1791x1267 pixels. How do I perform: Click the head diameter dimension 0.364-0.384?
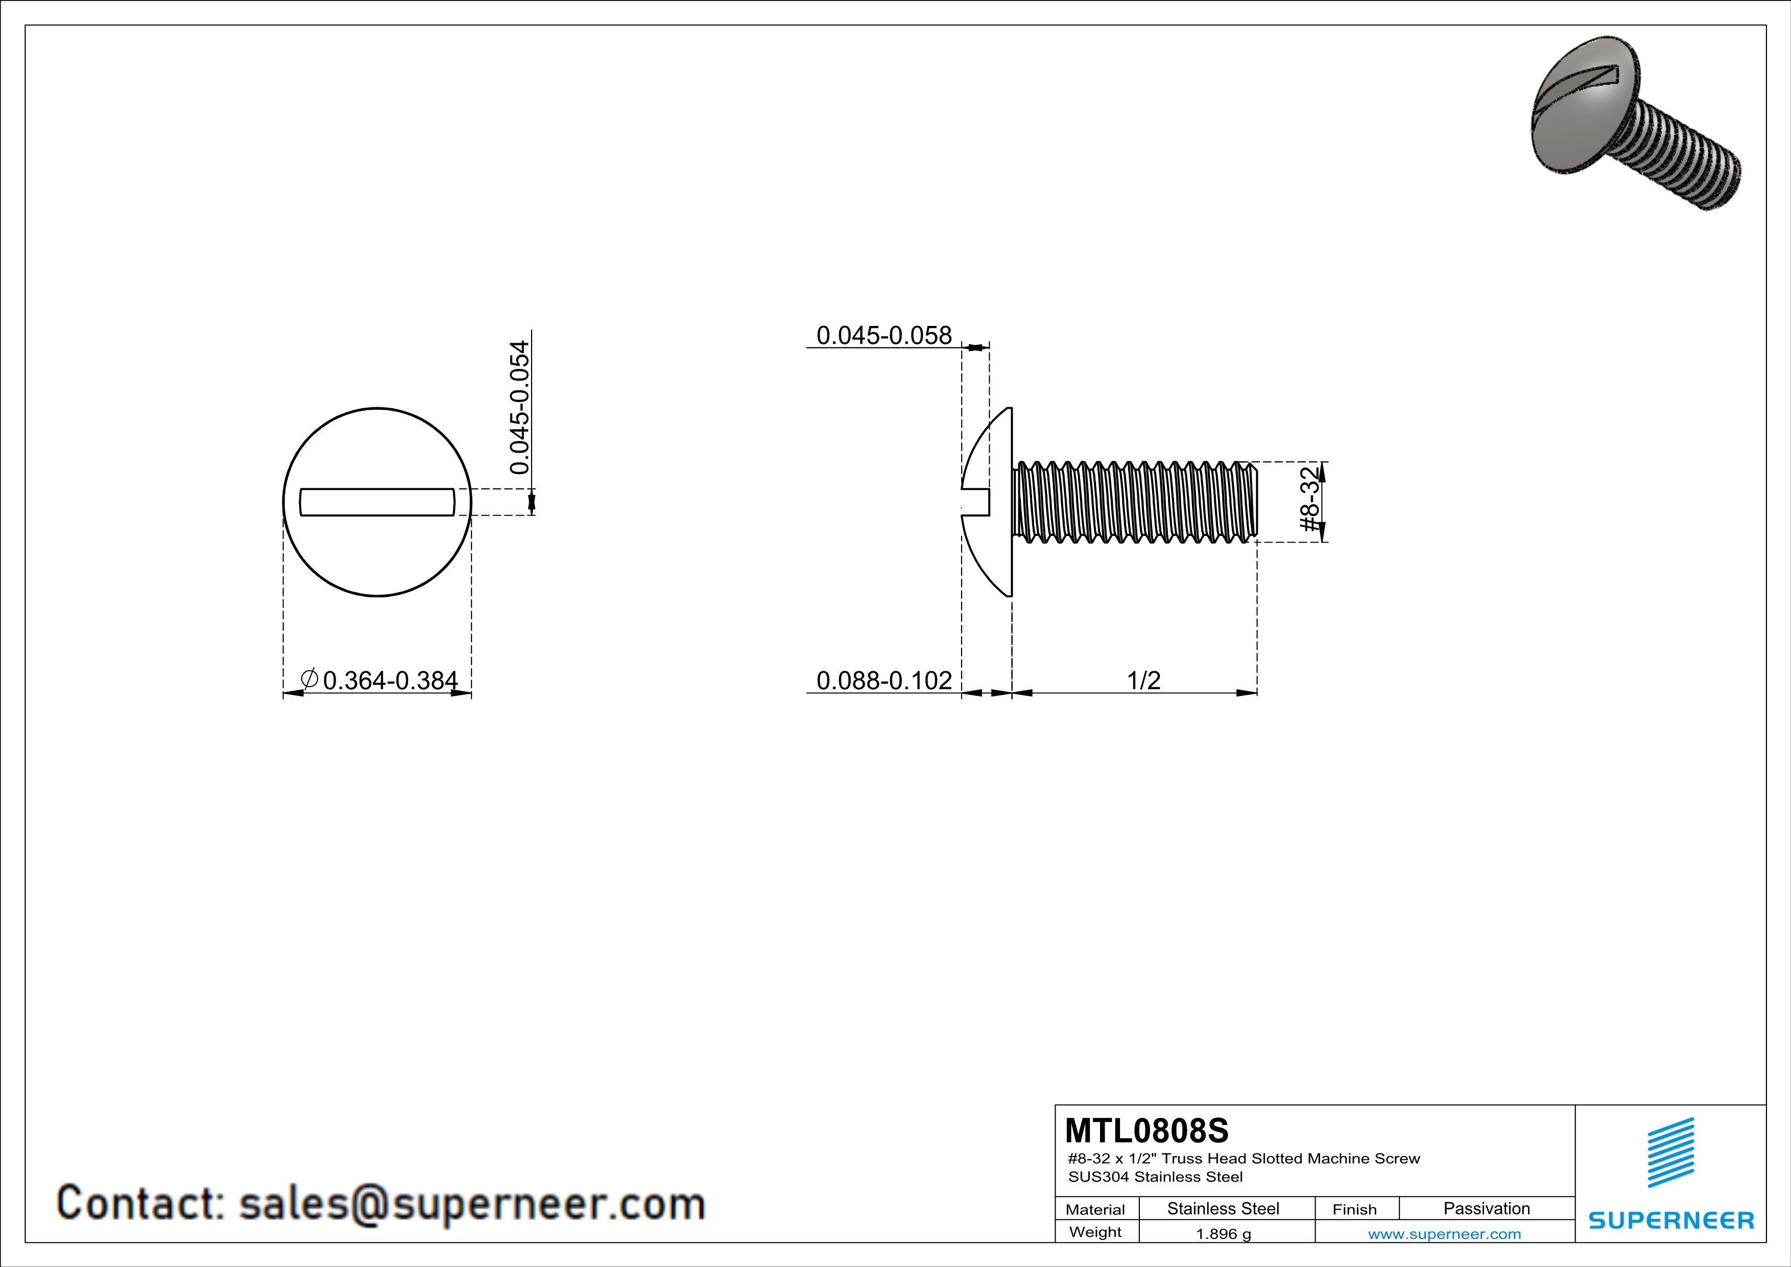click(390, 681)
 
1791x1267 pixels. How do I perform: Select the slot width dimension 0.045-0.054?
click(519, 407)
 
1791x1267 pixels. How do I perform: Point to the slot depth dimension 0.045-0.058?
click(884, 336)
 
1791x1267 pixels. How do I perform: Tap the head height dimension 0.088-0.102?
click(884, 681)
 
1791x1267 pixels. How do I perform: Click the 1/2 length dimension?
click(1143, 681)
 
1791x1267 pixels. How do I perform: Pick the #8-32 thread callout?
click(1311, 499)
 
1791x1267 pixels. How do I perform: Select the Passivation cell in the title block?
click(1486, 1208)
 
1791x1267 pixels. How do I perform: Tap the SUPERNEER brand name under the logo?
click(1671, 1220)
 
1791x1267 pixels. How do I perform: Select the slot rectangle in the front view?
click(377, 502)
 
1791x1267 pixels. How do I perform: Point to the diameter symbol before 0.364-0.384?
click(309, 679)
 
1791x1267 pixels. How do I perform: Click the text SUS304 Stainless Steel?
click(1155, 1177)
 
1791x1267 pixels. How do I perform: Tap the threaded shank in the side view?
click(1135, 502)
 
